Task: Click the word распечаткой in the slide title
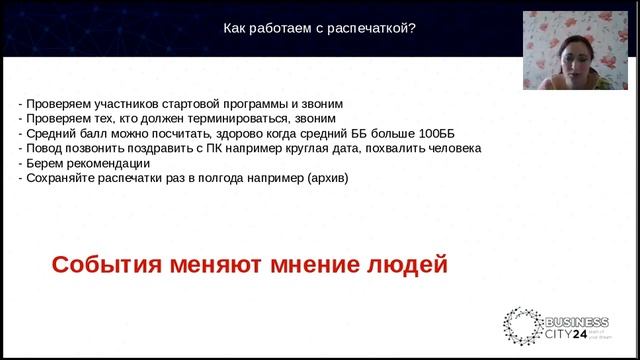[375, 28]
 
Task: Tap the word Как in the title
[235, 28]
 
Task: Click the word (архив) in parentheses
[320, 178]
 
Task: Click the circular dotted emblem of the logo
[520, 328]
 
